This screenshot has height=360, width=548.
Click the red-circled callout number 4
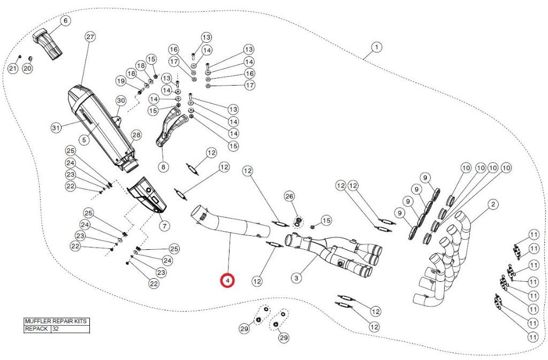(x=227, y=280)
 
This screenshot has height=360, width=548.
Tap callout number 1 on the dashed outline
(x=376, y=47)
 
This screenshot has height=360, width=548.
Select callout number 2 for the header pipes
(x=493, y=204)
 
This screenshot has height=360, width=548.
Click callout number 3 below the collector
(x=296, y=278)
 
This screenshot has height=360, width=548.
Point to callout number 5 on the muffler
(x=84, y=140)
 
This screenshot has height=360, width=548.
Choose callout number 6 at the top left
(x=65, y=21)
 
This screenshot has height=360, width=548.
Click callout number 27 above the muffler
(x=90, y=37)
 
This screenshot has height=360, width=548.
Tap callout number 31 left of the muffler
(x=56, y=128)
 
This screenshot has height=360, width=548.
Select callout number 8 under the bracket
(x=163, y=167)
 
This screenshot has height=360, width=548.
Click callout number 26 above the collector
(x=290, y=197)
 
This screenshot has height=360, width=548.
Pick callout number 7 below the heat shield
(x=164, y=226)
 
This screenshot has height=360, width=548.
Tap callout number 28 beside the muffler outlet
(x=136, y=135)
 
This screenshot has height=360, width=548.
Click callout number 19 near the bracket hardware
(x=121, y=81)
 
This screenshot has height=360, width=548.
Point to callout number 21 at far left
(x=13, y=68)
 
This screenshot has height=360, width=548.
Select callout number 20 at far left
(x=27, y=68)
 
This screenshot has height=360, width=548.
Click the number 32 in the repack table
(x=56, y=328)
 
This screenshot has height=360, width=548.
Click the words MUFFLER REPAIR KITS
(x=56, y=321)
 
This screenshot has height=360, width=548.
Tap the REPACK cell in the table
(x=36, y=328)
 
